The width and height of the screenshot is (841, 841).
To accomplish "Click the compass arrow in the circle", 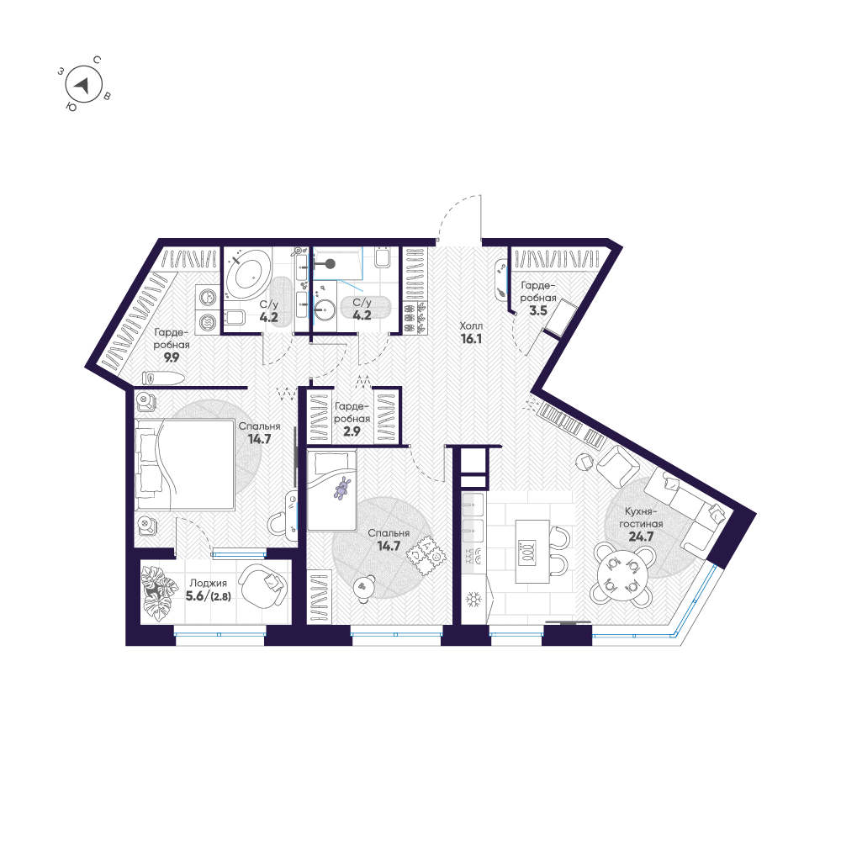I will tap(82, 84).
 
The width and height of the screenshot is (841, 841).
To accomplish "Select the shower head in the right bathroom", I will tap(331, 263).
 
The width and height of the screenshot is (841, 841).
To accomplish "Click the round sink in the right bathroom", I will tap(325, 310).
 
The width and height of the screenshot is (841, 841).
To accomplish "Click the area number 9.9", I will tap(172, 357).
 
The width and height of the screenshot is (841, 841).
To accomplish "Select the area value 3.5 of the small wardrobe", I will tap(537, 310).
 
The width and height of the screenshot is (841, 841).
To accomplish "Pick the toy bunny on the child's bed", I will tap(342, 488).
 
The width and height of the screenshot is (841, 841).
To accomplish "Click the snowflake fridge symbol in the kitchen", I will tap(473, 600).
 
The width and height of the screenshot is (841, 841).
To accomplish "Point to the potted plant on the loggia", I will tap(157, 593).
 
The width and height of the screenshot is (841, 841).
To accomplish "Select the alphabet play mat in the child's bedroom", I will tap(425, 553).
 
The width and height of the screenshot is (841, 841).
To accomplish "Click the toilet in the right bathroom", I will tap(383, 262).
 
